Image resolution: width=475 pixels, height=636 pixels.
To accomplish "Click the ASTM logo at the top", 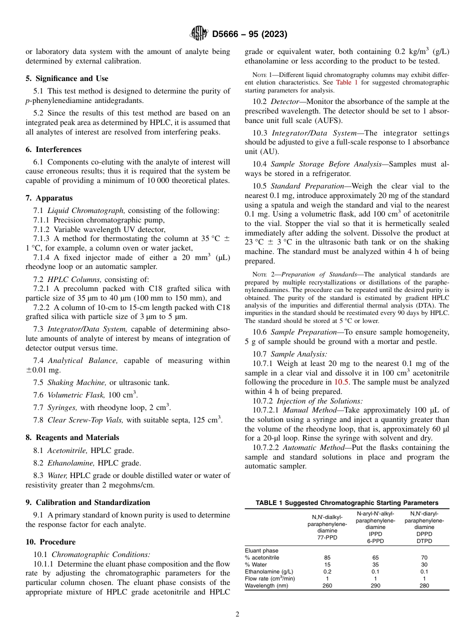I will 199,33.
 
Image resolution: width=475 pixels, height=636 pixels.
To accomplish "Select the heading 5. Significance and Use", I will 66,78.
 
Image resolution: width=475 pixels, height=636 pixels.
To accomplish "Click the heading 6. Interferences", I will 53,149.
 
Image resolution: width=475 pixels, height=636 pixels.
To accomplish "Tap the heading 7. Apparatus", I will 49,198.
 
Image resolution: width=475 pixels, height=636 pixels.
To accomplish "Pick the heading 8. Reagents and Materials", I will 72,437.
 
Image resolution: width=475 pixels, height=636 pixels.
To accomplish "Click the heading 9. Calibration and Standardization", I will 87,502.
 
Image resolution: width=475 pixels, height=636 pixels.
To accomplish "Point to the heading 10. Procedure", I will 50,542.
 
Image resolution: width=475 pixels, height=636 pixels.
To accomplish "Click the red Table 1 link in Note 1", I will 346,82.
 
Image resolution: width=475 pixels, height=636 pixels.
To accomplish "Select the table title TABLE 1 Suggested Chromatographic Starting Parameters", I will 346,503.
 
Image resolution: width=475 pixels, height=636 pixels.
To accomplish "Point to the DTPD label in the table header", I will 424,541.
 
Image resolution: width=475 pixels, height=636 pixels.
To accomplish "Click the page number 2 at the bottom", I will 237,614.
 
